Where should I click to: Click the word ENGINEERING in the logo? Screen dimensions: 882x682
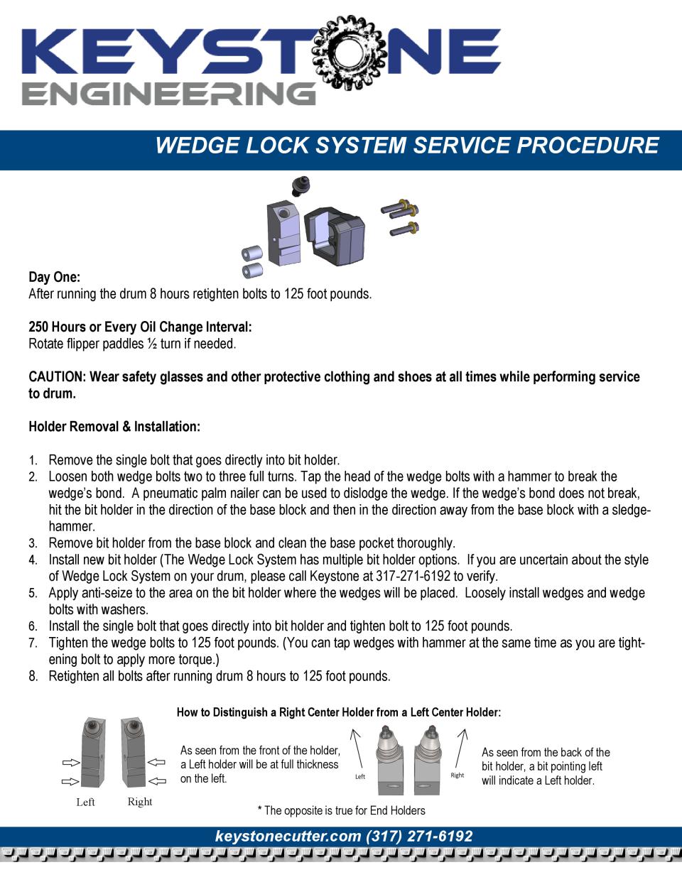(168, 94)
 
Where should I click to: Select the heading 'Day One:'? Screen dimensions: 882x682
(54, 276)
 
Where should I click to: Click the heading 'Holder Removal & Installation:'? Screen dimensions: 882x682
(114, 427)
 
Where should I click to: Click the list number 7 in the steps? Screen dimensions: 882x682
(33, 643)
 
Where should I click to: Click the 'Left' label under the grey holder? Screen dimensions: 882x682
(85, 802)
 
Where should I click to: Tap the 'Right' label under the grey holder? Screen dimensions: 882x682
(140, 802)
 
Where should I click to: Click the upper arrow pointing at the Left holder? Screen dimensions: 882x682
(70, 763)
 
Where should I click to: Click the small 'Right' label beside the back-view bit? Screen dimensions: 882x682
(458, 775)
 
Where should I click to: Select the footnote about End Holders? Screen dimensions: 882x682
(341, 810)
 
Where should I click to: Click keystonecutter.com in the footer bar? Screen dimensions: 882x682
(288, 837)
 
